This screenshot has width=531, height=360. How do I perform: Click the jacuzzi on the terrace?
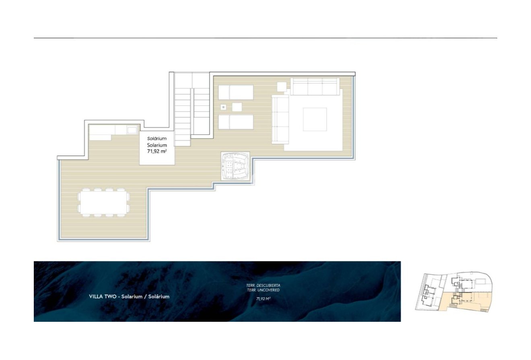[x=235, y=166]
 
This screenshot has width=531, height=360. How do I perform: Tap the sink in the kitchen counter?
[x=132, y=130]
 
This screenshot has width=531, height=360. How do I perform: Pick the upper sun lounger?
[x=236, y=92]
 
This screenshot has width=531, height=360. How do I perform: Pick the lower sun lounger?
[x=236, y=122]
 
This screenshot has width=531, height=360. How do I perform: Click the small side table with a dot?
[x=223, y=107]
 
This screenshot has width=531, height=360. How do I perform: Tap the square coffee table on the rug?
[x=315, y=119]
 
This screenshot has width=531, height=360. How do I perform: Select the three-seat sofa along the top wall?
[x=314, y=86]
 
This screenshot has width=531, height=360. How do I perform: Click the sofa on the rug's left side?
[x=280, y=119]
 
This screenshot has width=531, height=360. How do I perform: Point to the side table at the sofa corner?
[x=282, y=86]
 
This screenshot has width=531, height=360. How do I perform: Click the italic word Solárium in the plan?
[x=157, y=138]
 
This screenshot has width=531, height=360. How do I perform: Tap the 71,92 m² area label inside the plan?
[x=157, y=151]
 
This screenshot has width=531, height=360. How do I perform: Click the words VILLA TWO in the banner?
[x=102, y=296]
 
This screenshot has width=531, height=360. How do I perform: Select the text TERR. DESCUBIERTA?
[x=263, y=285]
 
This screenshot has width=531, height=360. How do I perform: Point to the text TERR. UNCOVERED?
[x=263, y=290]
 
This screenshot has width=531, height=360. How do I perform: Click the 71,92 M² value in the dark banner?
[x=263, y=299]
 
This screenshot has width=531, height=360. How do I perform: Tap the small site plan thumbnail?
[x=453, y=292]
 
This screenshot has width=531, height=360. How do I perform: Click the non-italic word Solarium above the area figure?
[x=157, y=145]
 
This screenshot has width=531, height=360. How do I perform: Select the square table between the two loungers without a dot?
[x=237, y=107]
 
